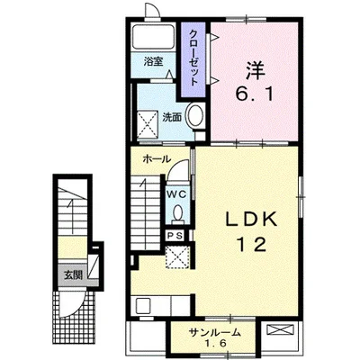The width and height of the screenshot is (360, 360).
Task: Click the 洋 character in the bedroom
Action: (256, 70)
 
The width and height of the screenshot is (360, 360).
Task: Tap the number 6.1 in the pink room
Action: (255, 95)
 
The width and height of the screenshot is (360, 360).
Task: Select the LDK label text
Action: (251, 220)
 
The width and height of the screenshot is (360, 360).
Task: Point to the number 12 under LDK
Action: (251, 244)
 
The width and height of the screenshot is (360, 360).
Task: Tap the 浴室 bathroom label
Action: (153, 62)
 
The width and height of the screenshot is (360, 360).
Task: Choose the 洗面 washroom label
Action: (172, 117)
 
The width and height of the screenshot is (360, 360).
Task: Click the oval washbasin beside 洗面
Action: (195, 115)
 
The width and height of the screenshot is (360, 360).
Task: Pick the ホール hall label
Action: (157, 159)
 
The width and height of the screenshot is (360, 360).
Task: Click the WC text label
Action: (176, 194)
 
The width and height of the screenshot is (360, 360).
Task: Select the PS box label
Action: (175, 236)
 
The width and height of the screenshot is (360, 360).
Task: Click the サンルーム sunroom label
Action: (215, 332)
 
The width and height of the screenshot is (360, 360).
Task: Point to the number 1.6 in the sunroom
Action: (214, 344)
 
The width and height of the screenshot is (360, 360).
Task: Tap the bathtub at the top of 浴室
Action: (154, 37)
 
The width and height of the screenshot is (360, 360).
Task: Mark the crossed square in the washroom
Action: (148, 124)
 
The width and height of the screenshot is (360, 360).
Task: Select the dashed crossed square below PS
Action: (177, 256)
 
